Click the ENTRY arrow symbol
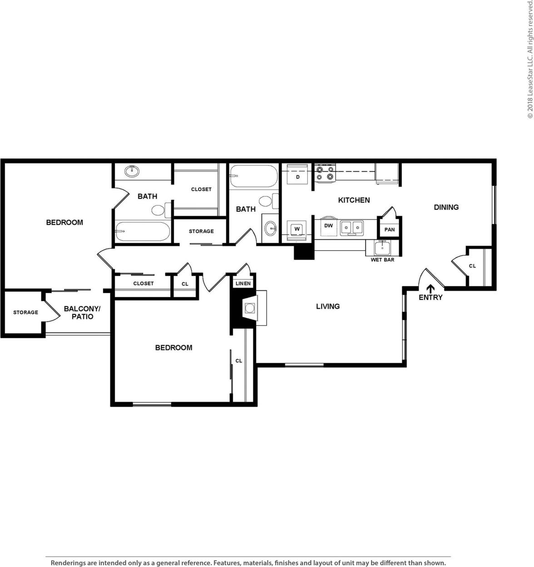click(430, 288)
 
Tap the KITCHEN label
click(354, 200)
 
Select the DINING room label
click(446, 207)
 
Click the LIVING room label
click(328, 306)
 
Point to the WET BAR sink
click(382, 248)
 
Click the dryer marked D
click(297, 177)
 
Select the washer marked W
click(297, 229)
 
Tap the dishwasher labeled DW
click(329, 226)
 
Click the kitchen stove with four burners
click(325, 173)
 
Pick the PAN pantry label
click(390, 229)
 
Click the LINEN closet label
click(243, 283)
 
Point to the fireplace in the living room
click(249, 308)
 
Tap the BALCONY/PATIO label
click(82, 313)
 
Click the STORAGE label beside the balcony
click(25, 313)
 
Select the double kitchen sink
click(352, 226)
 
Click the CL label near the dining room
click(472, 266)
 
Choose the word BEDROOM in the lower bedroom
click(173, 348)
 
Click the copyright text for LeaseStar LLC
click(529, 60)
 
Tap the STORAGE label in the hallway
click(201, 231)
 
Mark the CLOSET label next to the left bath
click(201, 189)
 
